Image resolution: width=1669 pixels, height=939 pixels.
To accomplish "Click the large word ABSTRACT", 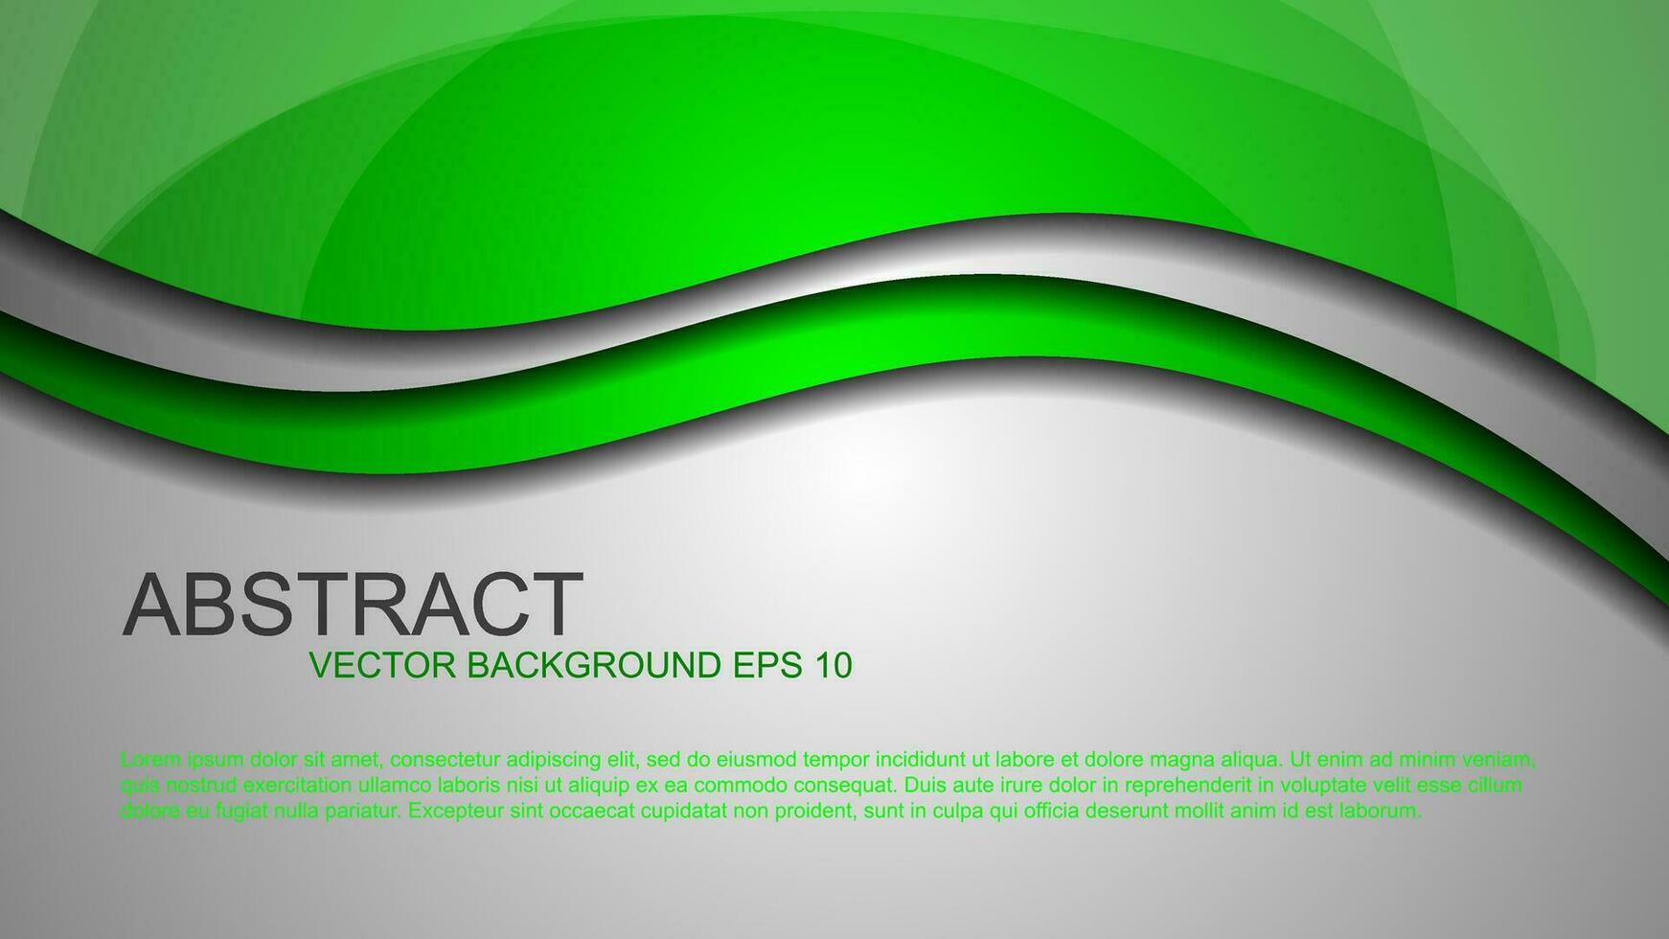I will click(x=353, y=606).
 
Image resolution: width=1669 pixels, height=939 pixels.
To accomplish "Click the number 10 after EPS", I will click(x=834, y=665).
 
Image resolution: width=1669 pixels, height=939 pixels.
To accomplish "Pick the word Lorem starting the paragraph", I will click(x=150, y=760).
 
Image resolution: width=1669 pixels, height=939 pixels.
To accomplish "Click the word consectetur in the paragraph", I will click(x=446, y=760).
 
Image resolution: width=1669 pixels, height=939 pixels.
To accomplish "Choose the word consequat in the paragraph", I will click(x=842, y=786).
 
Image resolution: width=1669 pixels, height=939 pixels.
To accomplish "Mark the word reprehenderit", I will click(x=1187, y=786).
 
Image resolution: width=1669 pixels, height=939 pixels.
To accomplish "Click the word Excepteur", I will click(x=455, y=812).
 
